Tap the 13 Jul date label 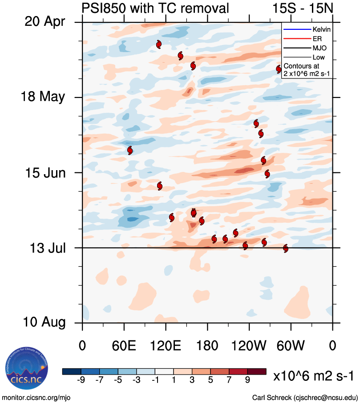click(x=44, y=248)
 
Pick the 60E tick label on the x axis click(x=124, y=345)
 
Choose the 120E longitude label click(x=166, y=345)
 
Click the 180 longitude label click(x=207, y=345)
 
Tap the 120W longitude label click(x=249, y=345)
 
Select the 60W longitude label click(x=291, y=345)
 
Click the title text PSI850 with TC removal click(x=155, y=8)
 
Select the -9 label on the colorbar click(x=81, y=380)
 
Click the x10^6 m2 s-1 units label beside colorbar click(x=313, y=376)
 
